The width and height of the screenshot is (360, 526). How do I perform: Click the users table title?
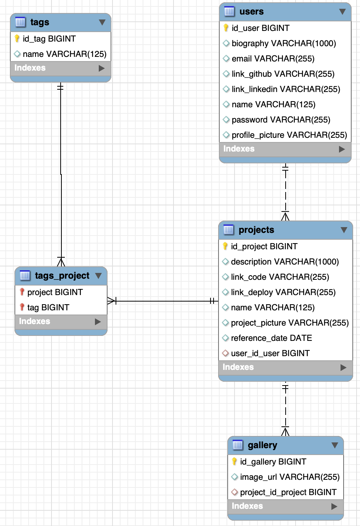(251, 11)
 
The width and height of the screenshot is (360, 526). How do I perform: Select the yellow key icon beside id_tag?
(17, 39)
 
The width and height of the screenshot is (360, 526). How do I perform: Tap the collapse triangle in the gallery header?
(335, 445)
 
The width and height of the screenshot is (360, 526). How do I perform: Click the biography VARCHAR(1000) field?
(283, 44)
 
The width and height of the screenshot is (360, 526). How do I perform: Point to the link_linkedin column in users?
(286, 89)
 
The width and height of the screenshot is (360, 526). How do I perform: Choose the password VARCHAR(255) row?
(281, 120)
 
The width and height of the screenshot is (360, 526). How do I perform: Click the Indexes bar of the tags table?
(60, 68)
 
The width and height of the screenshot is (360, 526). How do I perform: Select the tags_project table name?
(62, 276)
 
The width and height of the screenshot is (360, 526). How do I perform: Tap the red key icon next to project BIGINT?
(22, 292)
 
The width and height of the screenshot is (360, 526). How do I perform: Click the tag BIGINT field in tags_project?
(48, 308)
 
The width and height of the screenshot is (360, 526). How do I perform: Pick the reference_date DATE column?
(271, 338)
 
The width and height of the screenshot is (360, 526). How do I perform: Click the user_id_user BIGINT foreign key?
(270, 353)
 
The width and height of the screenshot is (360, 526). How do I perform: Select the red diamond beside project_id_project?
(235, 492)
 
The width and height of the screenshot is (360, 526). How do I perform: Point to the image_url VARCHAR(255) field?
(289, 477)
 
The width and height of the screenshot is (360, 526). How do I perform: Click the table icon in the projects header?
(228, 230)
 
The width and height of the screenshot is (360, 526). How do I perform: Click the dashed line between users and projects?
(285, 191)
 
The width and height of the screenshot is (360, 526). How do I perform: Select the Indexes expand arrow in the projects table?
(343, 367)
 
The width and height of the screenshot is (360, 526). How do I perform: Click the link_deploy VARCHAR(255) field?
(283, 292)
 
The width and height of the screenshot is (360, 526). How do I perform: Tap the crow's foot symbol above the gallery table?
(285, 431)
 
